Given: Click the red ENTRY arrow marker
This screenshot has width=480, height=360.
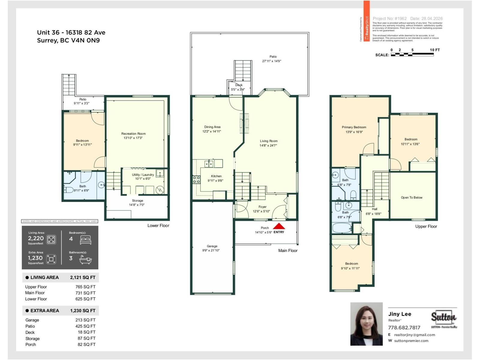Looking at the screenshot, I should [279, 226].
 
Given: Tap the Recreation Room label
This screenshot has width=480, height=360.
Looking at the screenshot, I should [133, 133].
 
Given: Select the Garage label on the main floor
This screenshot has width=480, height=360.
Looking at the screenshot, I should [212, 246].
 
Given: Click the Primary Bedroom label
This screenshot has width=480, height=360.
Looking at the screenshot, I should [354, 127].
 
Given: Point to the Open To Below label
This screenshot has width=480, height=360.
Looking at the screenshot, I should [411, 197].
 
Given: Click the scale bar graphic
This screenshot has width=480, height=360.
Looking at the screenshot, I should [412, 55].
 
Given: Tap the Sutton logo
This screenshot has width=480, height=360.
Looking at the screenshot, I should [444, 317].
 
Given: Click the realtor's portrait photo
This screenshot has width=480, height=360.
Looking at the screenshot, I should [366, 324].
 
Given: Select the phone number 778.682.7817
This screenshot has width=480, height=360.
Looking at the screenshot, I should [404, 328].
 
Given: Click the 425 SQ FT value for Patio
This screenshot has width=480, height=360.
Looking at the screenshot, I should [85, 326].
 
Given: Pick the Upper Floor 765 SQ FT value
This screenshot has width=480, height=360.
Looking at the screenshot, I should [85, 287].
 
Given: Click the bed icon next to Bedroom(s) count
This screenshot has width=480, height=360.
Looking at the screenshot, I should [85, 240].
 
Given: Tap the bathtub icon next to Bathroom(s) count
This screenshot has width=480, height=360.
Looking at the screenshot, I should [85, 259].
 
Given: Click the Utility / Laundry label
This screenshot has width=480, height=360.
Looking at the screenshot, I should [143, 175].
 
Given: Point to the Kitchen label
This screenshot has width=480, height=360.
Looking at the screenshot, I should [216, 176].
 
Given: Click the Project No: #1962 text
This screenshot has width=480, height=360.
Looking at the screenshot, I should [389, 19].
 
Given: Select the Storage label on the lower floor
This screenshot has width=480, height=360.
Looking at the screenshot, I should [137, 201].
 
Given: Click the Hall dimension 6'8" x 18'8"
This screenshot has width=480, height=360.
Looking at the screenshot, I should [373, 214].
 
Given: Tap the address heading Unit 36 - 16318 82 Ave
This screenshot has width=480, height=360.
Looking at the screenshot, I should [71, 32].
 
